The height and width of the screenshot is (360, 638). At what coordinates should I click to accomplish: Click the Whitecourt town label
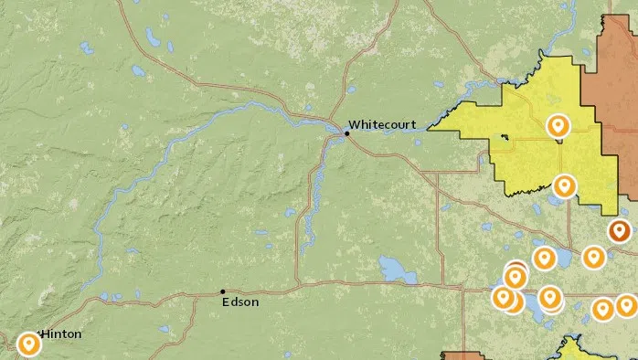[382, 124]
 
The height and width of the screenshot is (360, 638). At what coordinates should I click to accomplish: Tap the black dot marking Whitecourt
[346, 134]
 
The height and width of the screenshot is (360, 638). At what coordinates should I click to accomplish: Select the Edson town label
[240, 302]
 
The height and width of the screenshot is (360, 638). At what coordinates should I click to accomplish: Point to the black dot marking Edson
[223, 291]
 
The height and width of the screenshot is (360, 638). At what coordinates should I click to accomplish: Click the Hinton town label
[60, 334]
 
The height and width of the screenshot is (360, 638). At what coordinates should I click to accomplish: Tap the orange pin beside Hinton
[29, 344]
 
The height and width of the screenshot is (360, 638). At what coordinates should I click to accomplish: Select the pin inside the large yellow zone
[557, 125]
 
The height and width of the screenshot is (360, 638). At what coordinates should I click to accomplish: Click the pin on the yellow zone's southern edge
[565, 186]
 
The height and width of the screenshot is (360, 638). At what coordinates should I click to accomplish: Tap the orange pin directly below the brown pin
[594, 258]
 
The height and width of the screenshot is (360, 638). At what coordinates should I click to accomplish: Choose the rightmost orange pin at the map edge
[626, 305]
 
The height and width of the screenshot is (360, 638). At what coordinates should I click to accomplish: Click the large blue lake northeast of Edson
[396, 270]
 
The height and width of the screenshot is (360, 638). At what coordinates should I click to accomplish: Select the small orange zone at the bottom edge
[463, 355]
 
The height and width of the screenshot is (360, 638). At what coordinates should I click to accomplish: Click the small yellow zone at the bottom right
[576, 351]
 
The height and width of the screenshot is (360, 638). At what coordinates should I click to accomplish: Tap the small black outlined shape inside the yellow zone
[505, 139]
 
